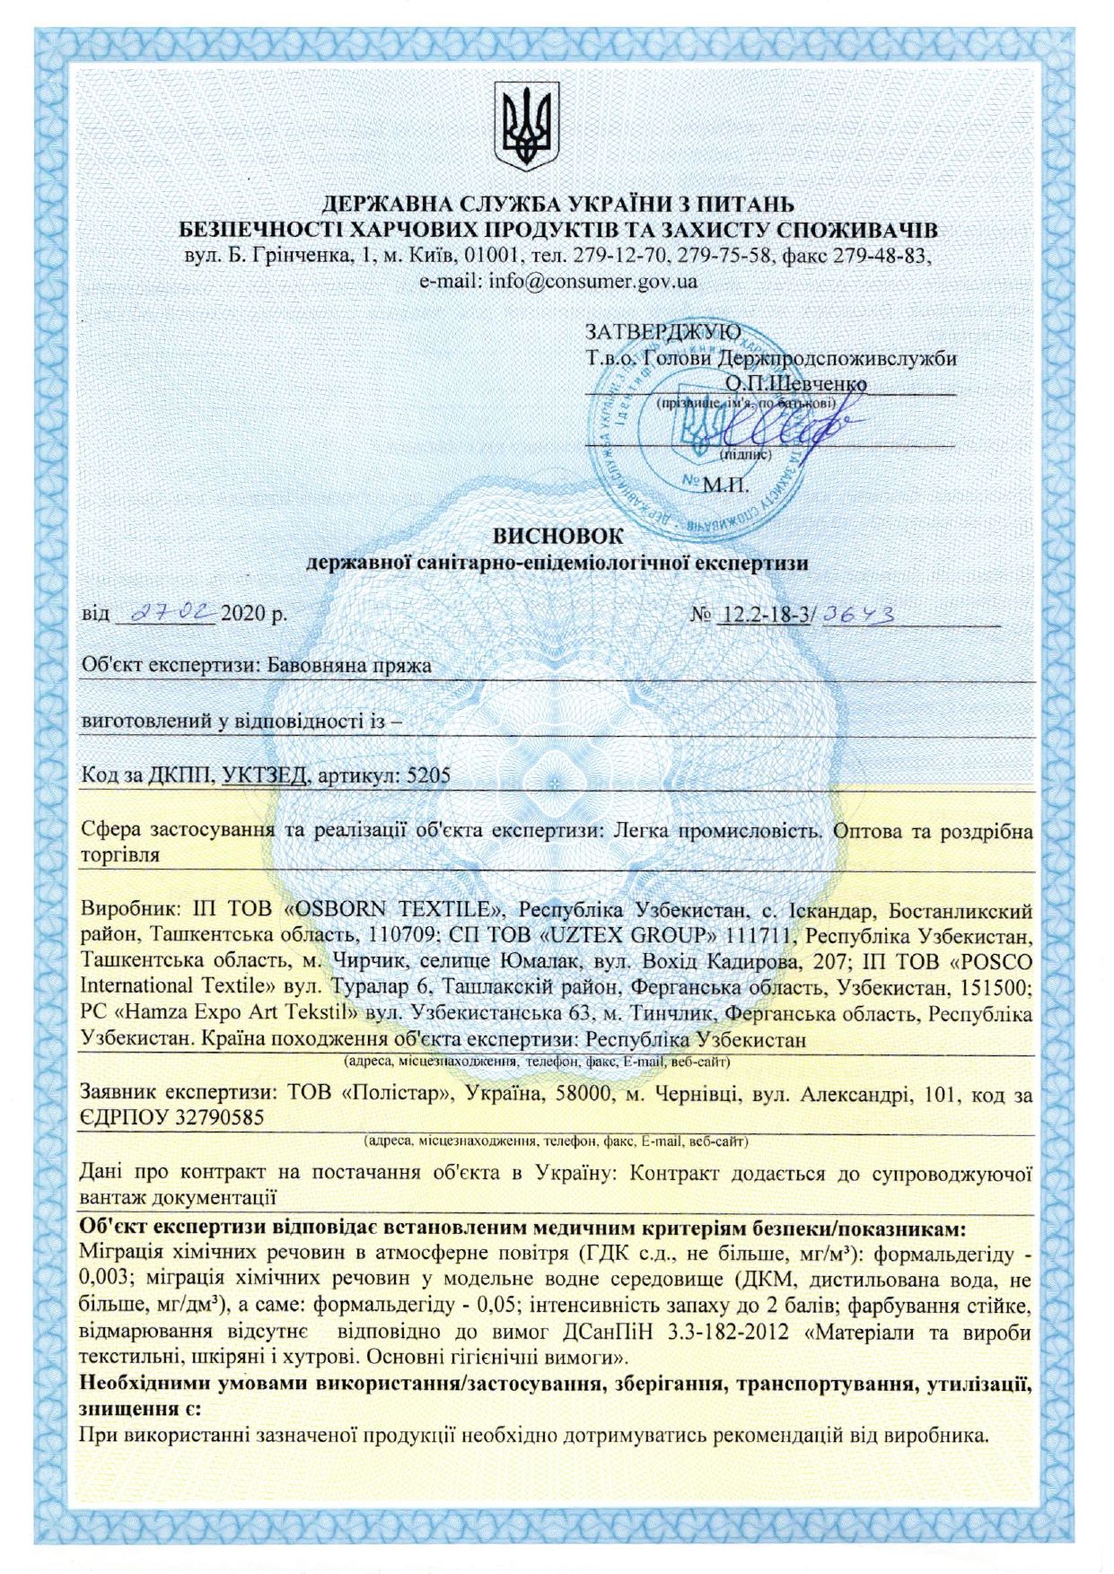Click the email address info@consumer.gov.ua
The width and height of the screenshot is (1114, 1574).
593,281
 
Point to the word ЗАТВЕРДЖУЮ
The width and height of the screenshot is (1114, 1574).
663,331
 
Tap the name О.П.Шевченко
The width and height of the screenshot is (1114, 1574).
795,383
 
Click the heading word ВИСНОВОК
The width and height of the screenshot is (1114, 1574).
557,536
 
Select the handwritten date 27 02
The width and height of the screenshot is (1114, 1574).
171,613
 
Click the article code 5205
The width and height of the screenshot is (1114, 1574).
428,775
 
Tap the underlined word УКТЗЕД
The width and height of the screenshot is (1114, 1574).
265,775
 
